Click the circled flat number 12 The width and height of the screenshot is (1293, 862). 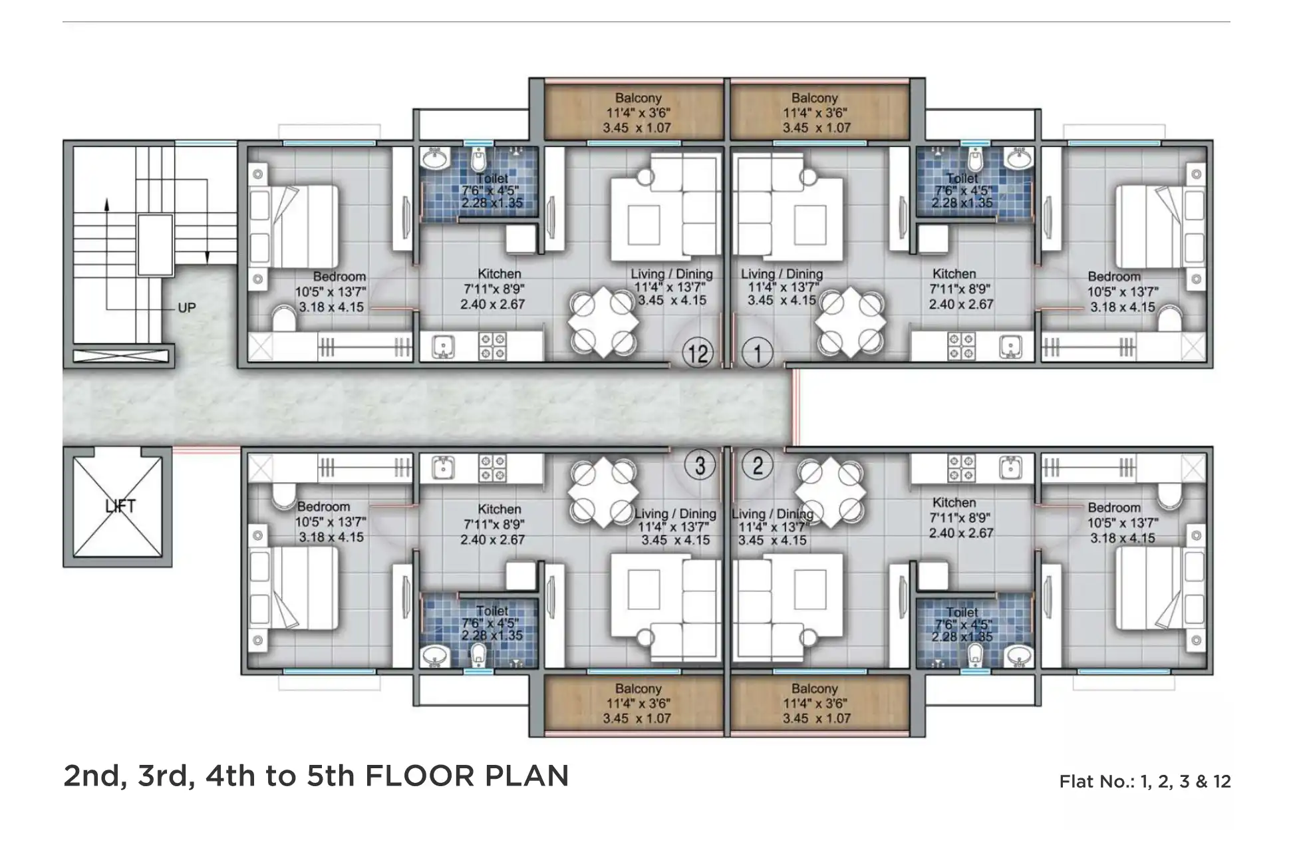(x=697, y=353)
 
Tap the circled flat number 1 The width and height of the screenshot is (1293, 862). (x=757, y=353)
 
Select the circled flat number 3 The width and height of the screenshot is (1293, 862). (x=699, y=465)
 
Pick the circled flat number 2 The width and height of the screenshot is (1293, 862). (x=757, y=465)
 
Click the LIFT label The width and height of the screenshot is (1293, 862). (x=120, y=506)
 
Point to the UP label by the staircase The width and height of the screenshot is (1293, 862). (x=187, y=308)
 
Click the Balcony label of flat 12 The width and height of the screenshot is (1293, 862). (x=638, y=98)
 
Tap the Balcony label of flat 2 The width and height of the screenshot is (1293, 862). (x=814, y=689)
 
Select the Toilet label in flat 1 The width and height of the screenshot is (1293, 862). (x=962, y=178)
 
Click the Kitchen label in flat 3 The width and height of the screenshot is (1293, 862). (x=499, y=509)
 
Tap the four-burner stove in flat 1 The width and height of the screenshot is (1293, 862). (x=960, y=347)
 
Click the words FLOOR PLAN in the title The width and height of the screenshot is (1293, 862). (x=467, y=776)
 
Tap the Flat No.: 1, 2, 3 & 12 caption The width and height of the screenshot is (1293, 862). (x=1144, y=782)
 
